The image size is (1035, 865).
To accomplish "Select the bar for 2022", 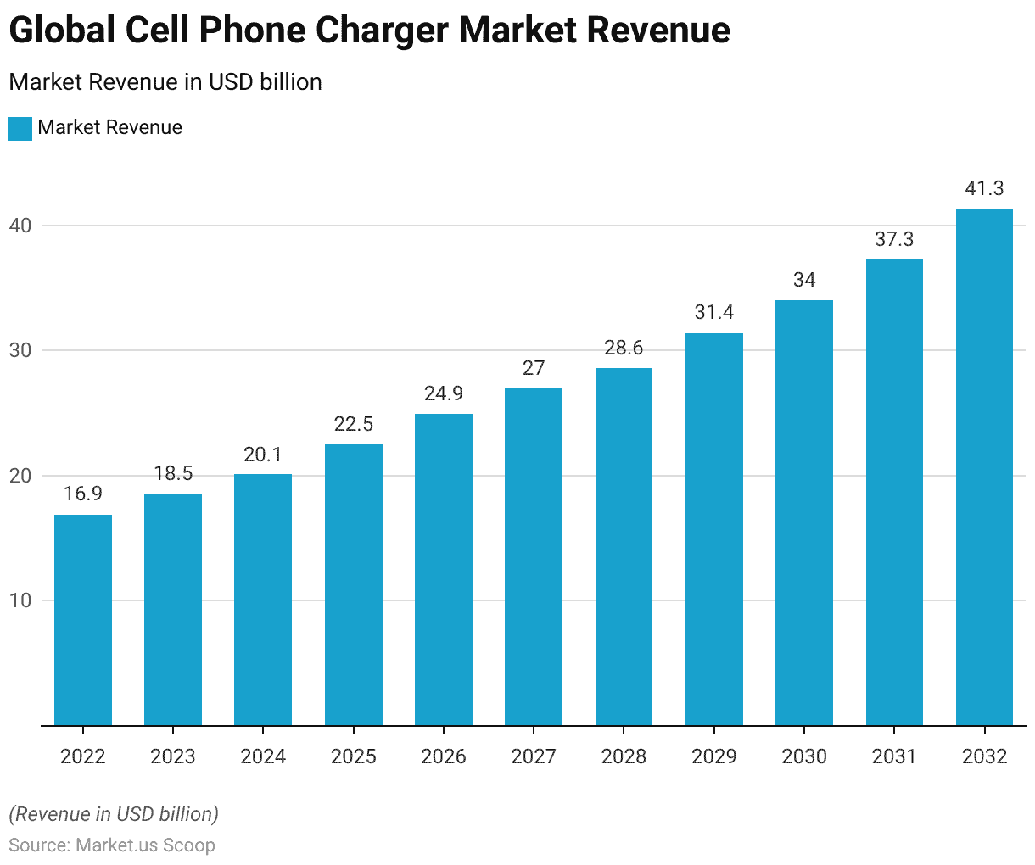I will click(83, 620).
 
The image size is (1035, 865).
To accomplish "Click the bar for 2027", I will click(534, 556).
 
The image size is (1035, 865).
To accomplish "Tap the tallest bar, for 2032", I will click(984, 467).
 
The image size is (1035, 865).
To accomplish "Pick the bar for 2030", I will click(804, 513).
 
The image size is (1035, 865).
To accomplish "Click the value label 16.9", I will click(83, 494).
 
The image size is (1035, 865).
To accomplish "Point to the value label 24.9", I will click(444, 393).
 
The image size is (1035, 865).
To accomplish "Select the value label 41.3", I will click(984, 188).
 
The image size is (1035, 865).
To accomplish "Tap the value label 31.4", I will click(714, 312).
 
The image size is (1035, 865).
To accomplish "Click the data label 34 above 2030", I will click(804, 280).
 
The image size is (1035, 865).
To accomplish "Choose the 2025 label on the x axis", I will click(354, 756).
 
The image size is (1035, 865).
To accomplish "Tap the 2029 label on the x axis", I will click(714, 756).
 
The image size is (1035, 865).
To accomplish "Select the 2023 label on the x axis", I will click(173, 756).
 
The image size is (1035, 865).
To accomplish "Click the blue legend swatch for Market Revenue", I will click(20, 128).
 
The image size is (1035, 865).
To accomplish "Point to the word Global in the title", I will click(62, 31).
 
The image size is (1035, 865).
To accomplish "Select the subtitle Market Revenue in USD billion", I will click(165, 82).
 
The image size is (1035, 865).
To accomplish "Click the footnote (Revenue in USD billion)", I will click(114, 814).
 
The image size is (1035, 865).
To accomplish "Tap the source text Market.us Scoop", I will click(145, 845).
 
